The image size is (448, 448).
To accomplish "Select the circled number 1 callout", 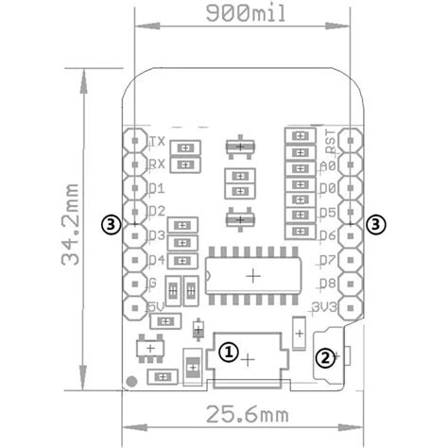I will pyautogui.click(x=228, y=351).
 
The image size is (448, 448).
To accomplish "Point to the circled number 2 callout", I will pyautogui.click(x=324, y=356).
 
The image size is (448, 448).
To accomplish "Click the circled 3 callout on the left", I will pyautogui.click(x=112, y=224).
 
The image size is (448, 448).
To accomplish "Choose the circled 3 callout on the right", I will pyautogui.click(x=377, y=224).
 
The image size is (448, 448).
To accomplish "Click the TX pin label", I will pyautogui.click(x=158, y=142).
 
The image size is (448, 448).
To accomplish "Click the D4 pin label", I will pyautogui.click(x=157, y=259).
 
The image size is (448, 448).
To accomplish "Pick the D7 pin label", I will pyautogui.click(x=328, y=259).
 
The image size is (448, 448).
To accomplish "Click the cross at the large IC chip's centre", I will pyautogui.click(x=253, y=275).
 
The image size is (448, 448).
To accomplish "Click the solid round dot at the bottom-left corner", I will pyautogui.click(x=132, y=382).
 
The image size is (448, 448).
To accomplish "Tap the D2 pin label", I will pyautogui.click(x=157, y=211).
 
